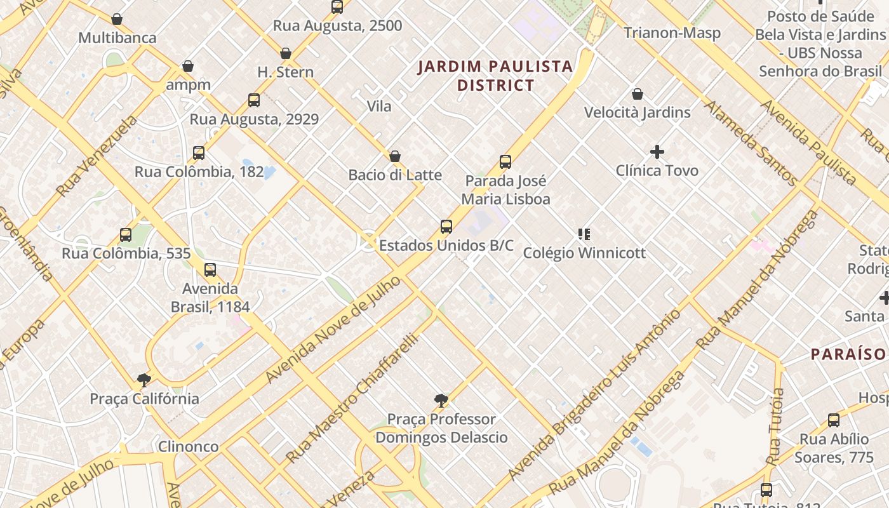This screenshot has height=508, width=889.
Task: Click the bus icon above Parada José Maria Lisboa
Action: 505,162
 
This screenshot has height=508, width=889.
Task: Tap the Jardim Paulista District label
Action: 495,76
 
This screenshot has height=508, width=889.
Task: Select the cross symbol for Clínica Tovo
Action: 657,152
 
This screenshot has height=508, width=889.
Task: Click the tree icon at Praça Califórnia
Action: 144,380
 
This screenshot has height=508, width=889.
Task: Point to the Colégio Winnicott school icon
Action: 584,234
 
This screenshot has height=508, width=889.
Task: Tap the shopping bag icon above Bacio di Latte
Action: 395,156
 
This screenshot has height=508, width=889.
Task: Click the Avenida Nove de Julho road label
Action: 333,330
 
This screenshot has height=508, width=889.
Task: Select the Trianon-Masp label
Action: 672,33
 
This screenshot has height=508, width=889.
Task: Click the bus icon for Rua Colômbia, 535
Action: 126,235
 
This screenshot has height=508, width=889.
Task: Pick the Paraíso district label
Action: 848,354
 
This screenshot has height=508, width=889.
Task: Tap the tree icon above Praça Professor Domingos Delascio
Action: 441,401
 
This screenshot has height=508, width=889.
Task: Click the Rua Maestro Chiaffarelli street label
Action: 352,398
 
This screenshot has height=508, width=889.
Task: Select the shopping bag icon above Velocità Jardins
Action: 638,95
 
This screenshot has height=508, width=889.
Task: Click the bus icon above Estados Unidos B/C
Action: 446,227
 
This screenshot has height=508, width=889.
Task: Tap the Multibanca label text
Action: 117,38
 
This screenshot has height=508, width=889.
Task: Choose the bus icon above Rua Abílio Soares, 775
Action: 834,420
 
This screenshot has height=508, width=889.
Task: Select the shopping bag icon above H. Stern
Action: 286,53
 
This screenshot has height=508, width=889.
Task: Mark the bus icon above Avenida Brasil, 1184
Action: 210,270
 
